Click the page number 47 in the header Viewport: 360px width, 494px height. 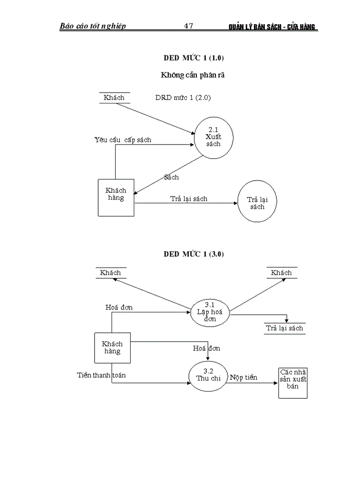click(188, 26)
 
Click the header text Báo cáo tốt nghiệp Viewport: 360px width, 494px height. click(93, 26)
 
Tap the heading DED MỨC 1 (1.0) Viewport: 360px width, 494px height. click(194, 58)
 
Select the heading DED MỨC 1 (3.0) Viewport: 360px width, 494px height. click(194, 254)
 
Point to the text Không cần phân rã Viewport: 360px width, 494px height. click(193, 75)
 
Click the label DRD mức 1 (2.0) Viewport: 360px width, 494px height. click(183, 97)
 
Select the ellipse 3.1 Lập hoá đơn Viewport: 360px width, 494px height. click(209, 312)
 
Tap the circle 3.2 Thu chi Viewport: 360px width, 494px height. click(208, 375)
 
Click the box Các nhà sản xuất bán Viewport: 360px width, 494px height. click(293, 382)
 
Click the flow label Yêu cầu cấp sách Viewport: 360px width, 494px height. click(123, 139)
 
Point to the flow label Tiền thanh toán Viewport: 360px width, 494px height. click(101, 375)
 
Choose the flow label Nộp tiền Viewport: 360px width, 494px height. click(243, 378)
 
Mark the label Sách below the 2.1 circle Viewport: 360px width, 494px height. click(171, 177)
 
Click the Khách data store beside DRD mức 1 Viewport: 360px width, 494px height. click(114, 98)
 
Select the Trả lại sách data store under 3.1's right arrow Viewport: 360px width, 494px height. click(284, 328)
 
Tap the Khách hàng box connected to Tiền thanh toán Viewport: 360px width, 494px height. click(112, 348)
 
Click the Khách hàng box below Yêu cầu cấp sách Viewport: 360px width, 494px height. click(116, 198)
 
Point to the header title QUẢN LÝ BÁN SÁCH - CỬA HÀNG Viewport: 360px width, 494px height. click(273, 27)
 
